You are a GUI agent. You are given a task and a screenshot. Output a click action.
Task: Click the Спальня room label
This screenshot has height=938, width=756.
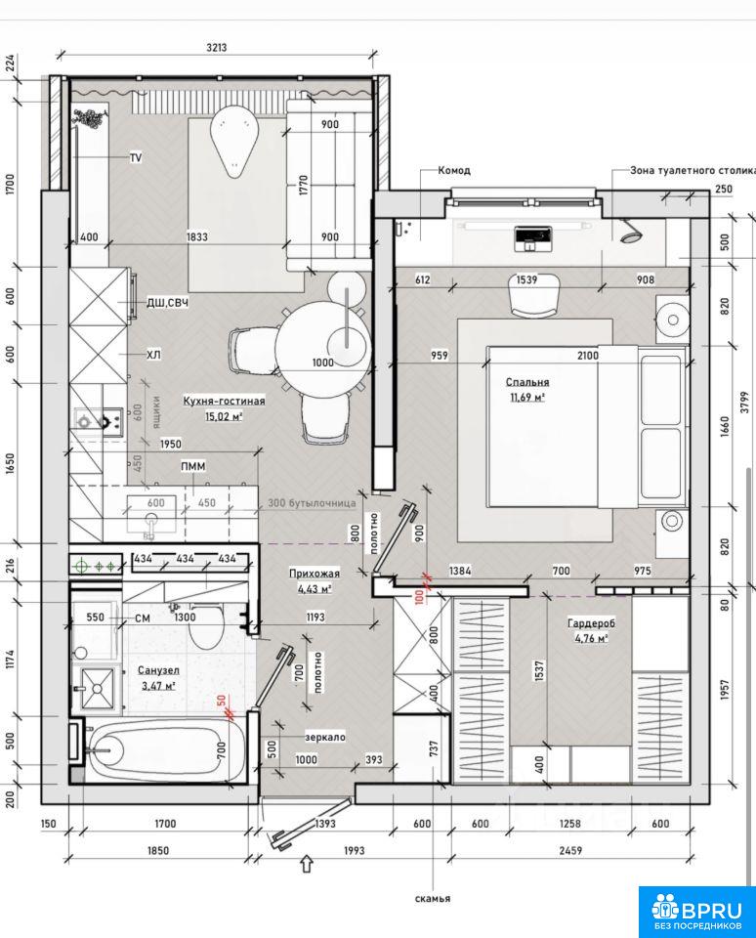(x=526, y=382)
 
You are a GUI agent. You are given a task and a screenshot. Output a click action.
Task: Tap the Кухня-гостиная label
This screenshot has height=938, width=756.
(x=224, y=401)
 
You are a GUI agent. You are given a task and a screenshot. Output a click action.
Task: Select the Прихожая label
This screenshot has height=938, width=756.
(x=314, y=574)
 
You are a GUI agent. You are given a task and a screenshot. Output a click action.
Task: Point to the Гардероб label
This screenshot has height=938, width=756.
(x=591, y=623)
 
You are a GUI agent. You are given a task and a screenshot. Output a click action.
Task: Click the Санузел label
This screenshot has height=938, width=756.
(x=158, y=670)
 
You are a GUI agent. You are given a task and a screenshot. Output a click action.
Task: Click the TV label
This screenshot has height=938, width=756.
(x=136, y=158)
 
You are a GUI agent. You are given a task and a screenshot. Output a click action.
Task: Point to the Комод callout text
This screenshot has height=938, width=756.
(x=454, y=170)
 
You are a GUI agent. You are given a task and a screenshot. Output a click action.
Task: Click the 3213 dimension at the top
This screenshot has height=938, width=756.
(x=217, y=48)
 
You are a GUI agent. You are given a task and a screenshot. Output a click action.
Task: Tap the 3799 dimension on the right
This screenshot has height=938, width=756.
(x=743, y=402)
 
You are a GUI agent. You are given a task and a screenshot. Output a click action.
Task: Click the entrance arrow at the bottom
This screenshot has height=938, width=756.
(x=307, y=865)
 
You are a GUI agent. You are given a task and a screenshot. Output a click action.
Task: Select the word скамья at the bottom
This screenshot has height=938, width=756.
(x=433, y=898)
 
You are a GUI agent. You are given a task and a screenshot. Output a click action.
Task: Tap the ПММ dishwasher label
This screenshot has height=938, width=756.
(x=193, y=466)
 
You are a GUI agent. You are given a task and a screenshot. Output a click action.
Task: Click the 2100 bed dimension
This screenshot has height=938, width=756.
(x=588, y=356)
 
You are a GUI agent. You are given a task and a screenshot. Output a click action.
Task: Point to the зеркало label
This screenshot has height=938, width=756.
(x=325, y=737)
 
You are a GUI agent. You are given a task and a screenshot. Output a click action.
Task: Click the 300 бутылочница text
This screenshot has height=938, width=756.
(x=312, y=503)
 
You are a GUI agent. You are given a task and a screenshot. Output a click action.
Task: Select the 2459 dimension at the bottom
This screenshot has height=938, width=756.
(x=570, y=850)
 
